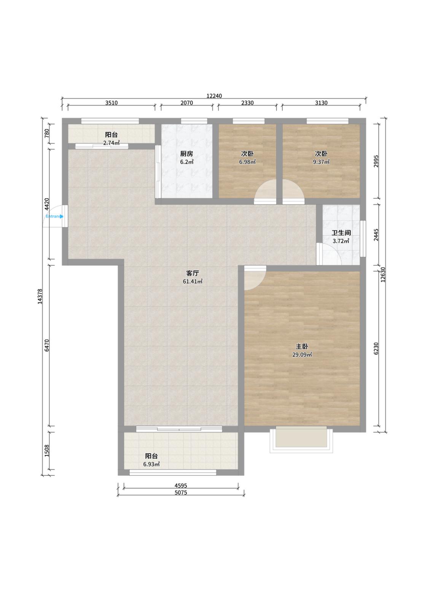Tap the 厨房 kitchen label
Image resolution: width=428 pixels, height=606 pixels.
186,154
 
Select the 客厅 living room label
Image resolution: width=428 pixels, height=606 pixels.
193,273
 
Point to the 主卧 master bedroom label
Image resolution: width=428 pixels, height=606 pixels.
302,346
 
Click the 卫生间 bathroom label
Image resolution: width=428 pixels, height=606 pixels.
341,233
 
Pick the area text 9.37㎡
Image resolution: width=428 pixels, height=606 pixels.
321,162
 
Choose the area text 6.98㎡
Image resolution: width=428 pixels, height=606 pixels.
247,162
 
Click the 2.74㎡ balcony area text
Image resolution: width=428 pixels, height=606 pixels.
111,143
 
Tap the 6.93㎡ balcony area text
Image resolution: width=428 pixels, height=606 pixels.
151,464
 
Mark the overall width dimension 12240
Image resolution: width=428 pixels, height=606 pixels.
214,96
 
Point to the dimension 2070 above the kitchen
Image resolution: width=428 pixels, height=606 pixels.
186,103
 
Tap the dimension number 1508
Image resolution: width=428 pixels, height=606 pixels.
47,451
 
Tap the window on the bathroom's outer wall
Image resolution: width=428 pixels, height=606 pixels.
363,239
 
